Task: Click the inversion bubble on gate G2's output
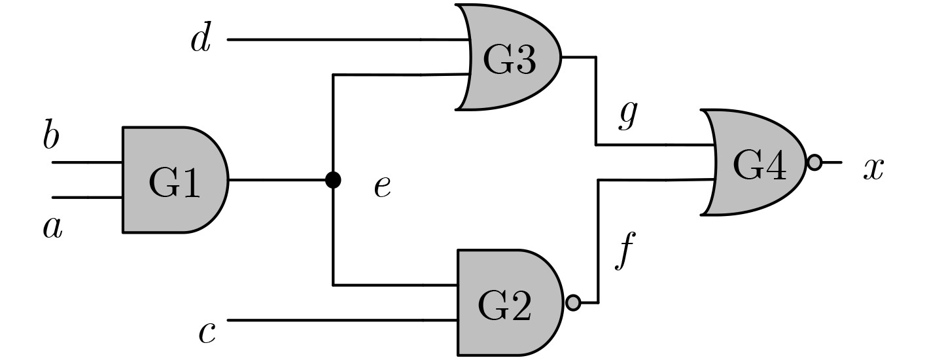[573, 303]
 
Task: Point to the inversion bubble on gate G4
[814, 162]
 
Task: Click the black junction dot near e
[333, 179]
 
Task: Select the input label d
[200, 39]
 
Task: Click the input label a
[52, 227]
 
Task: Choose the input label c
[207, 333]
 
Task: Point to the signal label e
[382, 187]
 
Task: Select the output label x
[873, 168]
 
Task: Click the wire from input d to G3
[347, 39]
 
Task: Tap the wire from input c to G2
[340, 321]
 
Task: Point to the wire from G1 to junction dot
[278, 179]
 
